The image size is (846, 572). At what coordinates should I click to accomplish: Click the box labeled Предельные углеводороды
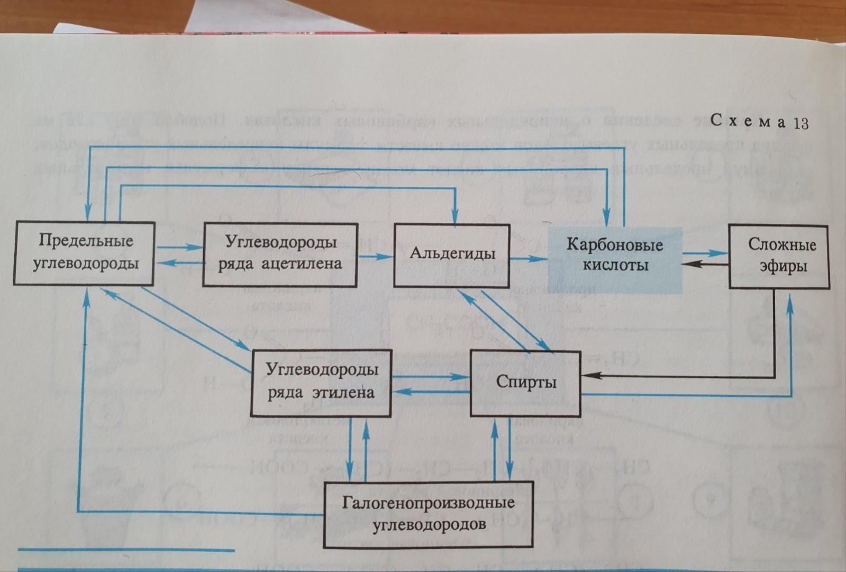coord(84,253)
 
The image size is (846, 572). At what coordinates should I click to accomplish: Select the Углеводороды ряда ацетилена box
coord(280,255)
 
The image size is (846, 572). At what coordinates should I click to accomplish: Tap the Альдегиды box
coord(452,255)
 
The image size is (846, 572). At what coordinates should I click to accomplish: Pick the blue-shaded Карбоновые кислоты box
coord(615,259)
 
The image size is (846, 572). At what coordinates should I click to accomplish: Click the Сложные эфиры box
coord(779,256)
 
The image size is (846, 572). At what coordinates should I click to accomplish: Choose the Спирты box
coord(525,383)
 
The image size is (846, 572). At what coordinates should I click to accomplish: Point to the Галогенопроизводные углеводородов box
coord(429,514)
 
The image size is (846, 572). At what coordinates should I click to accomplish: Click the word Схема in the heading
coord(748,121)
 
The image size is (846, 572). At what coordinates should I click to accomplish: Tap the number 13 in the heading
coord(800,123)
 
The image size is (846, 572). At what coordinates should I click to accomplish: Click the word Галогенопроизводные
coord(429,502)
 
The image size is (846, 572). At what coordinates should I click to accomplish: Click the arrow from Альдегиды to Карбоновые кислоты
coord(529,259)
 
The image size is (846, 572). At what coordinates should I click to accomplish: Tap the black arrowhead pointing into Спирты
coord(588,376)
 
